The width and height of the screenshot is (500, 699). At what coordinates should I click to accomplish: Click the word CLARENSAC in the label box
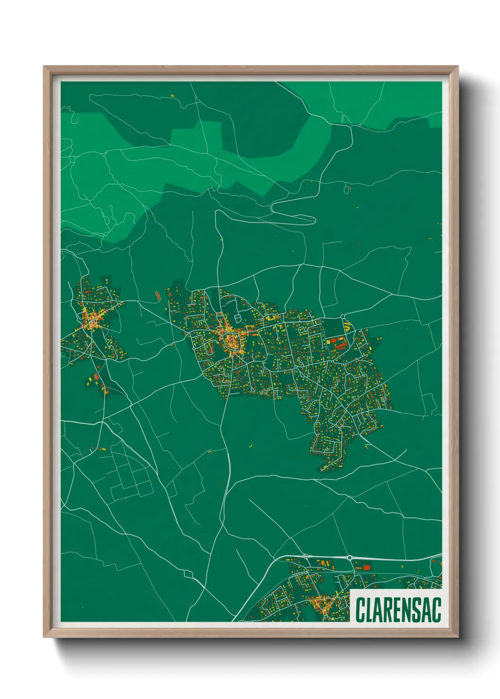(398, 610)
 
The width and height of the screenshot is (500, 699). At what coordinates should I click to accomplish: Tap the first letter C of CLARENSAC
(360, 610)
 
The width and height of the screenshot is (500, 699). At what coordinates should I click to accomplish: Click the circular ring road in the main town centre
(232, 341)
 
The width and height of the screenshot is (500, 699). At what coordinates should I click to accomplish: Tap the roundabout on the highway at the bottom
(349, 558)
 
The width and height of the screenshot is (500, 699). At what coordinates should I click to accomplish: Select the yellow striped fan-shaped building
(347, 325)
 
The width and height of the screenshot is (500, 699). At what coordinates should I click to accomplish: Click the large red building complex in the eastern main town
(338, 343)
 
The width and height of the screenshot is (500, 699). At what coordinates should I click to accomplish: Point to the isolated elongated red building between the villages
(158, 296)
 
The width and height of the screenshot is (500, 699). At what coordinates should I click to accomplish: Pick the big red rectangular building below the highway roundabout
(367, 567)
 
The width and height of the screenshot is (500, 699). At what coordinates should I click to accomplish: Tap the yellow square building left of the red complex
(329, 341)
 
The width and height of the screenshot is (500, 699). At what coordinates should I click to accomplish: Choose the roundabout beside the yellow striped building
(342, 316)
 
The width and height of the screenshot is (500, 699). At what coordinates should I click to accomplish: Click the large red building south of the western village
(97, 377)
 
